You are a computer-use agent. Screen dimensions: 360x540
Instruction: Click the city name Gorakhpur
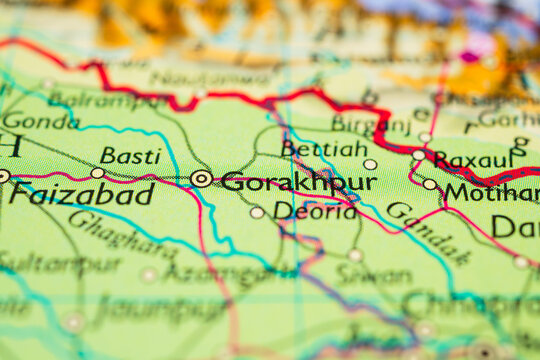click(299, 182)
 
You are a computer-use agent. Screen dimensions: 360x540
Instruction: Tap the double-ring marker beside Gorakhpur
click(201, 179)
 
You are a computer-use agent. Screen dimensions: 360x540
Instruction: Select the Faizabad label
click(82, 194)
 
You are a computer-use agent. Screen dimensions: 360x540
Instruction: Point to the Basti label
click(130, 155)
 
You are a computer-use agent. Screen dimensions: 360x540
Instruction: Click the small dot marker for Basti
click(97, 173)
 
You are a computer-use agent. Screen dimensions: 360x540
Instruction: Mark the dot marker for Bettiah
click(370, 164)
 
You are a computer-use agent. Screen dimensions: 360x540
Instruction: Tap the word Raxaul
click(475, 160)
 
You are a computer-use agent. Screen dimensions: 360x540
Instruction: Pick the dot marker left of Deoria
click(257, 212)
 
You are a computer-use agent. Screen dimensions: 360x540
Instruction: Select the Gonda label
click(40, 121)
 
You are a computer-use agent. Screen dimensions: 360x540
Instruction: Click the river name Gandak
click(429, 232)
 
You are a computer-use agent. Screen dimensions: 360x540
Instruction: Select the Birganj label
click(370, 123)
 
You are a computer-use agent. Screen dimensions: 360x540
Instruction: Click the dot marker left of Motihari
click(430, 184)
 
